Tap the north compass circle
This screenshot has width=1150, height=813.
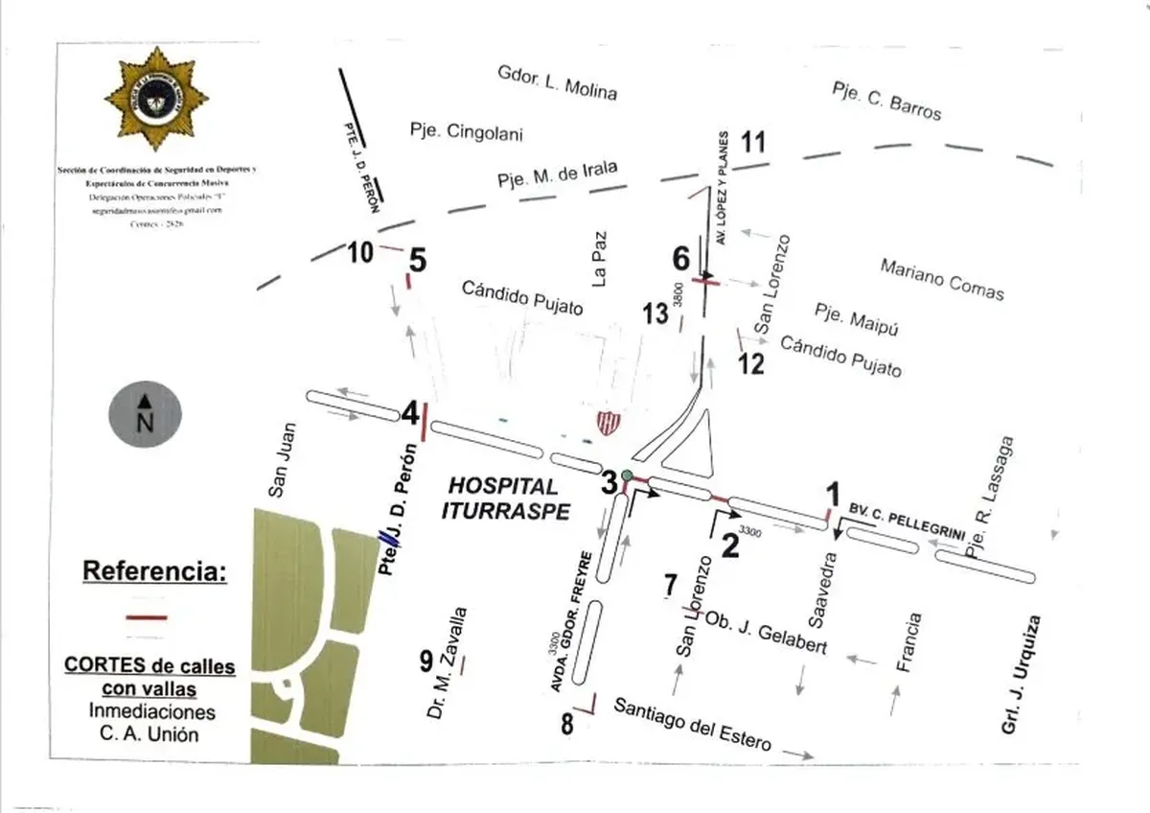[x=144, y=414]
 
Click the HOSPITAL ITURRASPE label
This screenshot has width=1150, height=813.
[x=501, y=499]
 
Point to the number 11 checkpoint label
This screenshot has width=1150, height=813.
[x=753, y=143]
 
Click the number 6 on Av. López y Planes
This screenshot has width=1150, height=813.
[x=680, y=258]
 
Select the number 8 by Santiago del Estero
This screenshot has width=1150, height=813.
[x=566, y=724]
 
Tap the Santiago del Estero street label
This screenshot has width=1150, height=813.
[x=692, y=728]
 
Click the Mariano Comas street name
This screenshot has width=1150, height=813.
[x=941, y=278]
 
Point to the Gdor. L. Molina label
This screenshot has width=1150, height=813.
[x=557, y=82]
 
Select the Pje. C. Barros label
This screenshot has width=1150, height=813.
[x=886, y=100]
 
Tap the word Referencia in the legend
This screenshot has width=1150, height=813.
[x=155, y=571]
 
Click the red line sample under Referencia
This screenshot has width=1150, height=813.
[x=146, y=617]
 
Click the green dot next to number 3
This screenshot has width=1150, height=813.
[x=627, y=476]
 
